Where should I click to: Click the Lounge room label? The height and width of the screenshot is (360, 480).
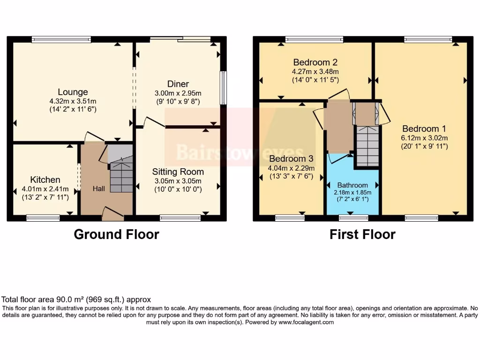point(73,92)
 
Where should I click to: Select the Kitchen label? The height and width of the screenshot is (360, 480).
point(45,180)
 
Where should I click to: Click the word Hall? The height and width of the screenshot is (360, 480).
point(98,188)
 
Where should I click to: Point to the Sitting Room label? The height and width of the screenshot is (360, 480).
point(178,172)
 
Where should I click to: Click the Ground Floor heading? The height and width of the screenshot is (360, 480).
point(116,234)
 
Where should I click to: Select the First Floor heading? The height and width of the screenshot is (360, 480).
point(362,234)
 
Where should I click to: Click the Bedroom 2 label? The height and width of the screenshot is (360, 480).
point(315,62)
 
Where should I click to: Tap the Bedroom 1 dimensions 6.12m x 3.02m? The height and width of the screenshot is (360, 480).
point(425,138)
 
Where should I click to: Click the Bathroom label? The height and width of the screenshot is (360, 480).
point(352,185)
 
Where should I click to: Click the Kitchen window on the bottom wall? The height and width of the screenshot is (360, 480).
point(43,217)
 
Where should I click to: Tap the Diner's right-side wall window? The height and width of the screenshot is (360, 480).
point(223,88)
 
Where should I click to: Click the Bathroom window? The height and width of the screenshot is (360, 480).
point(353,217)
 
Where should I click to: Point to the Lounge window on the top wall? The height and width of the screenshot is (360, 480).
point(61,40)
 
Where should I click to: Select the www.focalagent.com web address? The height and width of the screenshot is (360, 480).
point(306,322)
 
